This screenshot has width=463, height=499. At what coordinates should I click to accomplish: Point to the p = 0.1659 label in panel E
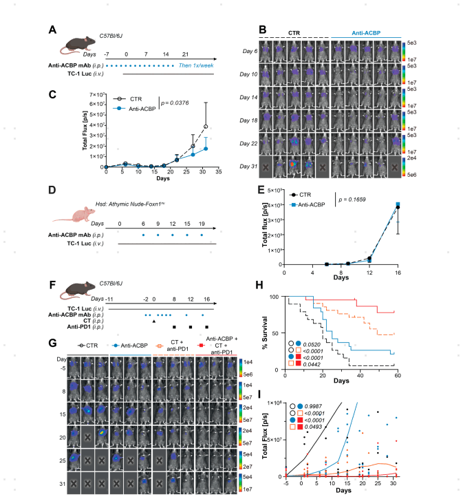coord(363,198)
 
